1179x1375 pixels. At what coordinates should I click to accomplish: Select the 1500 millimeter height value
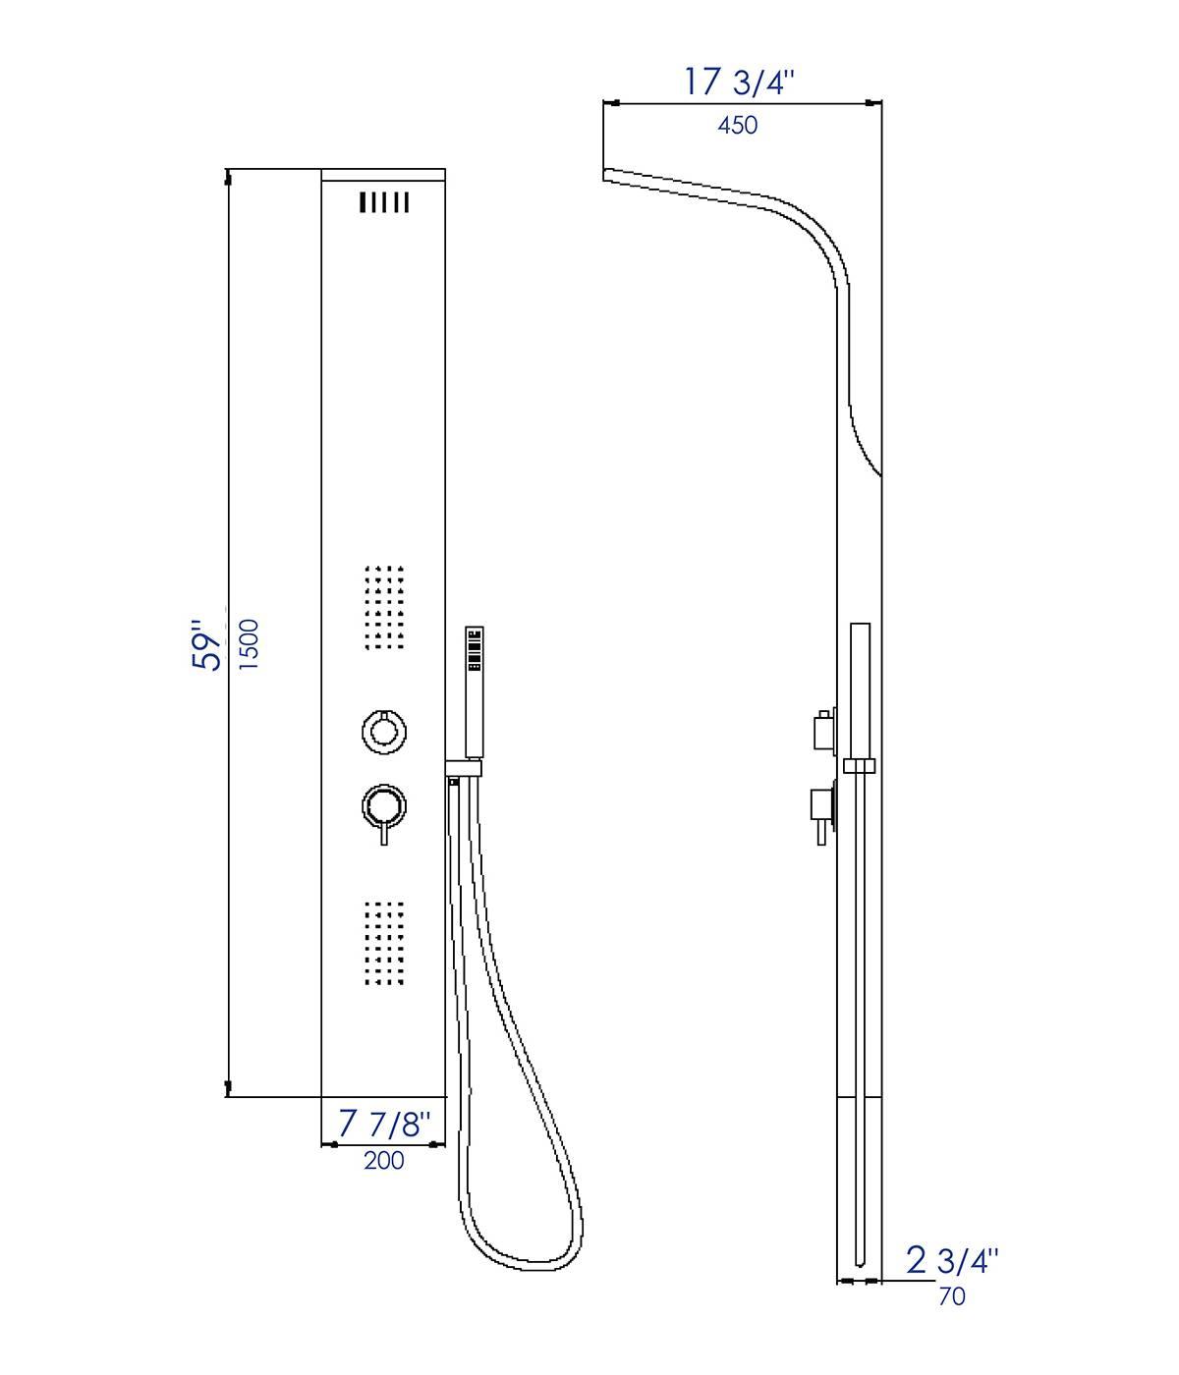(x=250, y=644)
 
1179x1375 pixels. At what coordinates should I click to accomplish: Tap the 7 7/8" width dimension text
(x=384, y=1124)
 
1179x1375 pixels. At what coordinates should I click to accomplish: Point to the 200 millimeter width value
(x=384, y=1160)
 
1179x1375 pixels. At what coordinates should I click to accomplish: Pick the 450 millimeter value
(x=738, y=126)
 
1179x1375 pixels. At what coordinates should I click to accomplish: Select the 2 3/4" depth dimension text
(x=951, y=1260)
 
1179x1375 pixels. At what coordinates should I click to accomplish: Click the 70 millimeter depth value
(x=952, y=1296)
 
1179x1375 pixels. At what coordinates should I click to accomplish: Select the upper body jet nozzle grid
(x=384, y=607)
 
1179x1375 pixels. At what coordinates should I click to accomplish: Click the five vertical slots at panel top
(x=384, y=202)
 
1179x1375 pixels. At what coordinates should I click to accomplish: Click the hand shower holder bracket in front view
(x=464, y=767)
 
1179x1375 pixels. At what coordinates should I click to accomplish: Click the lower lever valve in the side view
(x=819, y=810)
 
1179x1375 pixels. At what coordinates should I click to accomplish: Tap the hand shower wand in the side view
(x=860, y=687)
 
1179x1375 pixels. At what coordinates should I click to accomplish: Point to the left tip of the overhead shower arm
(x=605, y=175)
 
